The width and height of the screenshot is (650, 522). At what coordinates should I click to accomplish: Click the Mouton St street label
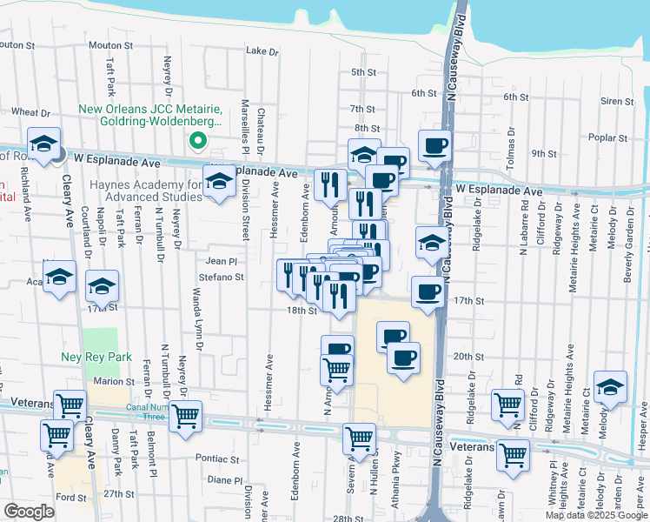click(x=109, y=44)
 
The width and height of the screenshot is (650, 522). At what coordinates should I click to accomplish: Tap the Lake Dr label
click(x=262, y=51)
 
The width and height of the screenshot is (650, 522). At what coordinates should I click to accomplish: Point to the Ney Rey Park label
click(x=95, y=357)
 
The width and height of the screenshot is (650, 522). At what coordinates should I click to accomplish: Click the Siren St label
click(x=616, y=102)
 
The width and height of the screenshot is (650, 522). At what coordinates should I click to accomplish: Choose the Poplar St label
click(x=607, y=137)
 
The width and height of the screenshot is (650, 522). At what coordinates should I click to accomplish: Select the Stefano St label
click(x=225, y=278)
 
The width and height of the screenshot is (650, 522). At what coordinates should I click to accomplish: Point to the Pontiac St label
click(x=217, y=458)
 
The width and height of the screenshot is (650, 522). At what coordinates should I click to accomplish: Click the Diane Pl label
click(x=224, y=479)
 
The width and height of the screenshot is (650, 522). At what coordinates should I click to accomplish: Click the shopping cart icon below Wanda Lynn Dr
click(x=185, y=417)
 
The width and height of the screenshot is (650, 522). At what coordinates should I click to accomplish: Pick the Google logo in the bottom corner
click(x=29, y=512)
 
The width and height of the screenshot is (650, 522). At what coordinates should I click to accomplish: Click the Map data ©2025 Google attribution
click(x=596, y=515)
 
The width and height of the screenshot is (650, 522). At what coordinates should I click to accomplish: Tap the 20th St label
click(x=468, y=357)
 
